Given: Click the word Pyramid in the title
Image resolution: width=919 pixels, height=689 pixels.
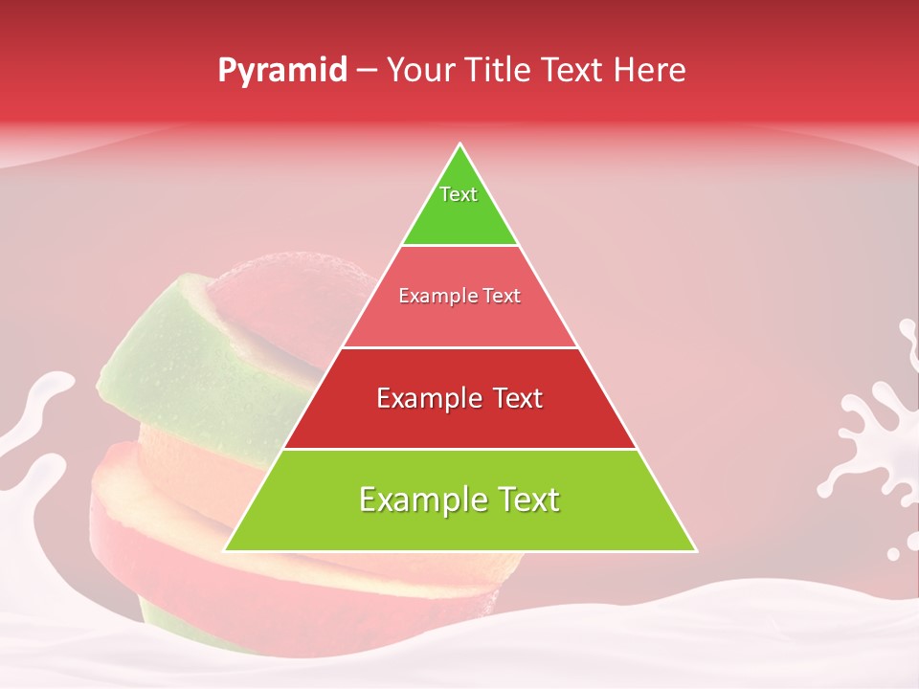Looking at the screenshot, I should click(x=282, y=71).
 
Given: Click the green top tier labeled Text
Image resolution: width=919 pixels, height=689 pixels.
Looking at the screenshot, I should click(x=459, y=206).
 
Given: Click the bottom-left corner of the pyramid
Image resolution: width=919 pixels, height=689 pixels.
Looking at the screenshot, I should click(x=227, y=550).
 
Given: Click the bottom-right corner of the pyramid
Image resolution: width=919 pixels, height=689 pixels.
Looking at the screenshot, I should click(x=694, y=550).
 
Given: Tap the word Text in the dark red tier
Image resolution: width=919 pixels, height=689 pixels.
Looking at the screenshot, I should click(x=514, y=398).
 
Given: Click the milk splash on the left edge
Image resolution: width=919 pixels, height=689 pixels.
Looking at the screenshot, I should click(x=34, y=421).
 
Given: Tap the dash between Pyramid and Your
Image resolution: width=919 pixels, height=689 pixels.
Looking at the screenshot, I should click(x=367, y=71).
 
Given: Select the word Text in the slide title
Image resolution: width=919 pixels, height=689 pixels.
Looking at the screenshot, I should click(x=574, y=70).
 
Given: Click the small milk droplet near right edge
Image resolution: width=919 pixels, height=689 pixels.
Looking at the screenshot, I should click(x=893, y=553).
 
